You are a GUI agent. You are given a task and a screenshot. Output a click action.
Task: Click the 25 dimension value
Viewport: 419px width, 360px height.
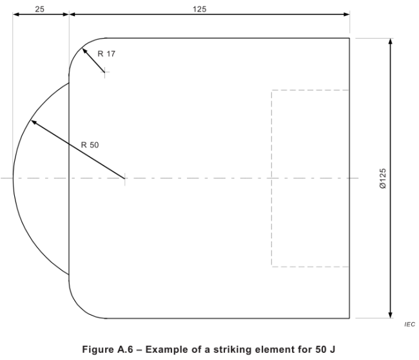click(39, 9)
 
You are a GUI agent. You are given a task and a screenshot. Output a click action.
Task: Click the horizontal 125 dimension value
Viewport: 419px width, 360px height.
click(200, 9)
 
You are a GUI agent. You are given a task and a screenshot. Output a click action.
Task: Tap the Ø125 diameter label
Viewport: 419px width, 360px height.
click(383, 178)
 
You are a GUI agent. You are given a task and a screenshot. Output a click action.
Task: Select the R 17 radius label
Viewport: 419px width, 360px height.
click(106, 54)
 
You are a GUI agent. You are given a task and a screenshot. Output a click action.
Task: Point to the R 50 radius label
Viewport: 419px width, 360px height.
click(90, 145)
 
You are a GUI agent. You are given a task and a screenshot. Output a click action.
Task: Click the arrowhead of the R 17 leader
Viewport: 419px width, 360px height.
click(84, 51)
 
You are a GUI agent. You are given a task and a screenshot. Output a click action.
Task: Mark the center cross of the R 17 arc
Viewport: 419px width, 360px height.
click(105, 72)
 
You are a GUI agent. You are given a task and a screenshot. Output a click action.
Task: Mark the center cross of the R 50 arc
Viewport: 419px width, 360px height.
click(124, 178)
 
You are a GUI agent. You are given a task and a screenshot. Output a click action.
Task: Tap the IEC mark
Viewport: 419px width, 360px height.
click(409, 325)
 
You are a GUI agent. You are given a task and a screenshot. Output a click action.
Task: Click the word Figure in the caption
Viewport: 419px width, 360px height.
click(98, 350)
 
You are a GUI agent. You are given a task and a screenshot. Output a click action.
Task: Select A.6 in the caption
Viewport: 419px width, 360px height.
click(125, 349)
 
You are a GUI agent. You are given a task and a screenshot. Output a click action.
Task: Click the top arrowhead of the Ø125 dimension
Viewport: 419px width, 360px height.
click(391, 41)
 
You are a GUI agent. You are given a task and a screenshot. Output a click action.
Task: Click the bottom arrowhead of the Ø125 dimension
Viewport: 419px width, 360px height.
click(391, 315)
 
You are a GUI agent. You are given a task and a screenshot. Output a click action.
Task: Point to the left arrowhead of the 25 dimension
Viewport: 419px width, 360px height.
click(16, 14)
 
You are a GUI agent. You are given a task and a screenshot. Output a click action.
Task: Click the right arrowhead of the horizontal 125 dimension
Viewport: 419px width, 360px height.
click(346, 14)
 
